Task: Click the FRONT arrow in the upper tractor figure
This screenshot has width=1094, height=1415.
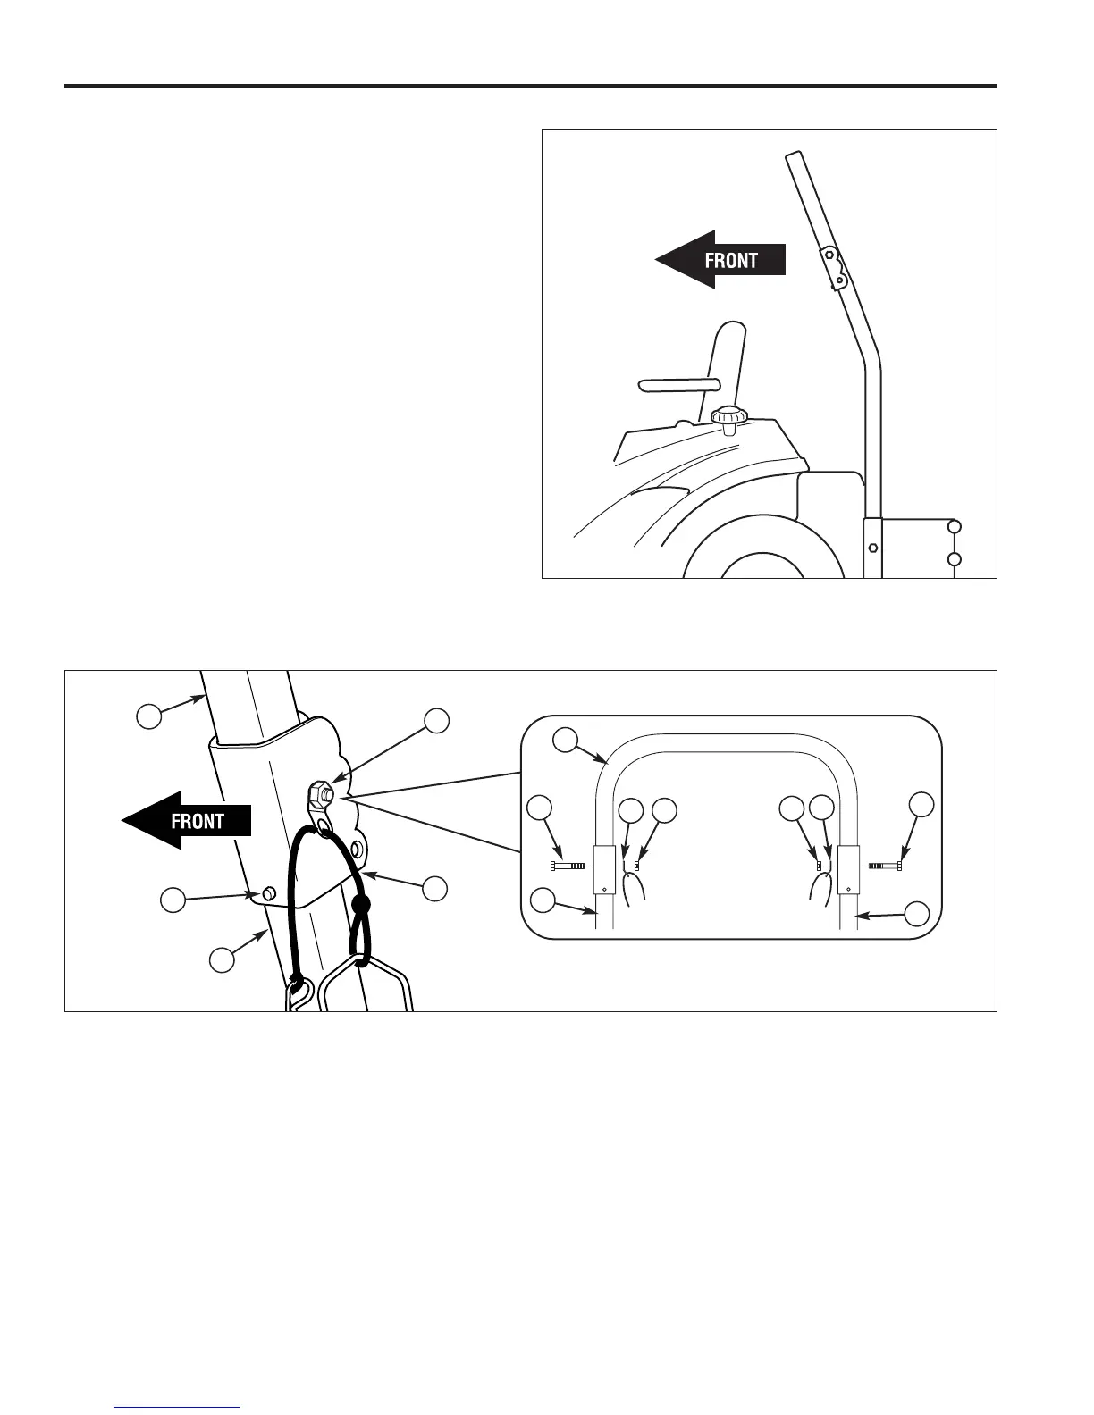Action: pyautogui.click(x=720, y=260)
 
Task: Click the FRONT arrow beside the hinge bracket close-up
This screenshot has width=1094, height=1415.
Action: pyautogui.click(x=187, y=820)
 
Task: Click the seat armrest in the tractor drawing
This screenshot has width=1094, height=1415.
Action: pyautogui.click(x=679, y=385)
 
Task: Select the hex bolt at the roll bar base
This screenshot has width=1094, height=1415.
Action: pyautogui.click(x=873, y=547)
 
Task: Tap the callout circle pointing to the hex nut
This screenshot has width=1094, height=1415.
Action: pyautogui.click(x=436, y=721)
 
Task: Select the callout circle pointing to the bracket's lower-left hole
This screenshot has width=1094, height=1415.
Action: pyautogui.click(x=173, y=900)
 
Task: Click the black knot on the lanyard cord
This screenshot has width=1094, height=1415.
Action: pyautogui.click(x=361, y=907)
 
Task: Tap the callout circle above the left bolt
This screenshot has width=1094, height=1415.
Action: pyautogui.click(x=540, y=808)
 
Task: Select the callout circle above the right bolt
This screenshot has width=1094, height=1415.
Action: pyautogui.click(x=921, y=804)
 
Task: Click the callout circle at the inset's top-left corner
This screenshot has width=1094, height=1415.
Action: pyautogui.click(x=565, y=740)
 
